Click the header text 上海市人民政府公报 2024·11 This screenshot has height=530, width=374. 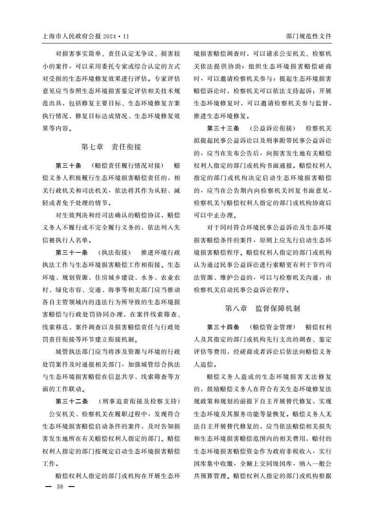pyautogui.click(x=85, y=36)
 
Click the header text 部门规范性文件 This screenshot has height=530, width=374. pyautogui.click(x=309, y=36)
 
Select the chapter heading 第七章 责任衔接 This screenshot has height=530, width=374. pyautogui.click(x=111, y=147)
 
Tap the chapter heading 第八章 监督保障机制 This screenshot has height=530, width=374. pyautogui.click(x=263, y=308)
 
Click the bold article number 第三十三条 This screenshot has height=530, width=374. pyautogui.click(x=223, y=128)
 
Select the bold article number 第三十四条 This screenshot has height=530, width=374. pyautogui.click(x=223, y=327)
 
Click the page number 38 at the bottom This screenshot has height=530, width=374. pyautogui.click(x=59, y=487)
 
